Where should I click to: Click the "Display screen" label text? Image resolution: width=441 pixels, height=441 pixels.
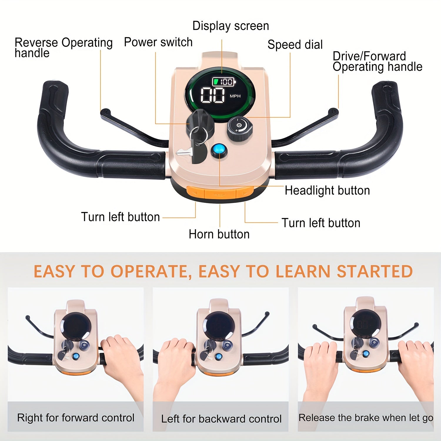(x=230, y=26)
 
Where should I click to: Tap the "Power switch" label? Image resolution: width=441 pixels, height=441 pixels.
(x=158, y=42)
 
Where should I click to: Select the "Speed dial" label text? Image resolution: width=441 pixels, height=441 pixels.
(x=295, y=45)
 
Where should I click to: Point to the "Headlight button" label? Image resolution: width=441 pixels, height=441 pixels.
(x=327, y=191)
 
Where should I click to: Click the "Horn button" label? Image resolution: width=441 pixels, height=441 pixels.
(x=219, y=234)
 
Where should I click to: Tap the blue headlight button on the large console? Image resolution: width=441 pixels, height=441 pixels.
(x=219, y=150)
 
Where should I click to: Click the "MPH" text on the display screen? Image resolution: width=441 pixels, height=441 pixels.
(x=235, y=96)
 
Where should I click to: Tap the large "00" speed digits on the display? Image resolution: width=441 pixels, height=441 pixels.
(x=213, y=95)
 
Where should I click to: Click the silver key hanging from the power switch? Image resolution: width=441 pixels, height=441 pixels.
(x=184, y=151)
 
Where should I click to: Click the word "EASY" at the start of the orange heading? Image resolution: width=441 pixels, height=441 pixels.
(x=54, y=271)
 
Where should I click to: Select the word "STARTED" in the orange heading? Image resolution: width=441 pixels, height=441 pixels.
(x=375, y=271)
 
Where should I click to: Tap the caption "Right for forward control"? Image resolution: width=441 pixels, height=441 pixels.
(x=76, y=418)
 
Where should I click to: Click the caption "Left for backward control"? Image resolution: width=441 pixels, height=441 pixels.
(x=221, y=419)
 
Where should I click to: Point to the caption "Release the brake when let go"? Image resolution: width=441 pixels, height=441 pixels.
(x=366, y=418)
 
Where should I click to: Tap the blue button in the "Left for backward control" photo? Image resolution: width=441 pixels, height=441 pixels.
(x=218, y=357)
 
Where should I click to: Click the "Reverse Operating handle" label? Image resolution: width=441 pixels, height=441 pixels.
(x=64, y=48)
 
